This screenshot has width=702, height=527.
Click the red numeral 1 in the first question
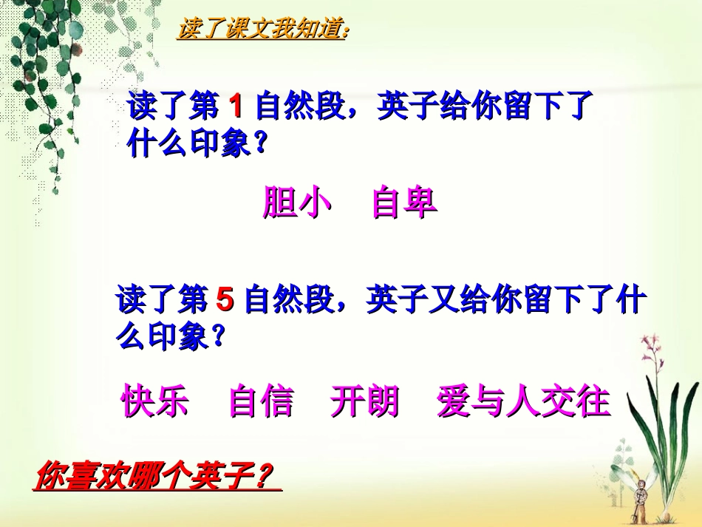pyautogui.click(x=236, y=108)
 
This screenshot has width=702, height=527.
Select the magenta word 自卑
pyautogui.click(x=404, y=203)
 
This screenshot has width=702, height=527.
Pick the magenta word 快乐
pyautogui.click(x=155, y=401)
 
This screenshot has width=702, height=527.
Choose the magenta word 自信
pyautogui.click(x=261, y=401)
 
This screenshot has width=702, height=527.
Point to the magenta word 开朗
pyautogui.click(x=365, y=401)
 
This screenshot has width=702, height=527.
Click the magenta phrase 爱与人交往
pyautogui.click(x=523, y=401)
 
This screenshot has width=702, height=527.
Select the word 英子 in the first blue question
pyautogui.click(x=402, y=108)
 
